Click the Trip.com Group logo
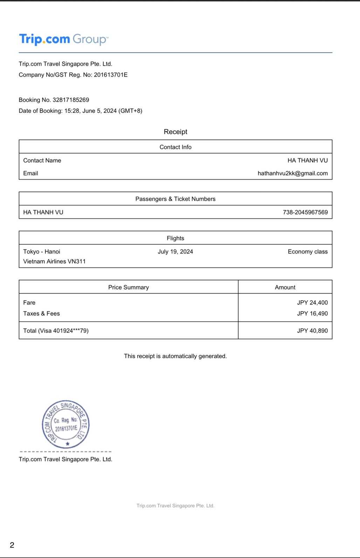(64, 39)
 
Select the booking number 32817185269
(71, 100)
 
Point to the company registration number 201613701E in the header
(111, 75)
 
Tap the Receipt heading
(175, 132)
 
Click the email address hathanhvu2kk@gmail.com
(292, 173)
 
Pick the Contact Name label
(42, 160)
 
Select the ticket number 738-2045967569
(305, 212)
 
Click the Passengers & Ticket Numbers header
(175, 199)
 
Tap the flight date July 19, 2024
(175, 252)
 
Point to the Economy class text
(307, 252)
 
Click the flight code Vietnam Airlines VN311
(54, 261)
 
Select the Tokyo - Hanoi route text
(42, 252)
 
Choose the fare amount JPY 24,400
(312, 303)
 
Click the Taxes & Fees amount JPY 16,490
(312, 314)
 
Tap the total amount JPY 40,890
(312, 331)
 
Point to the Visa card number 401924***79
(70, 331)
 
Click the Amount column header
(285, 287)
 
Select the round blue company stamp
(66, 424)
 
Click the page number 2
(12, 545)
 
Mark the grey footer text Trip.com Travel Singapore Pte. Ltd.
(175, 505)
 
